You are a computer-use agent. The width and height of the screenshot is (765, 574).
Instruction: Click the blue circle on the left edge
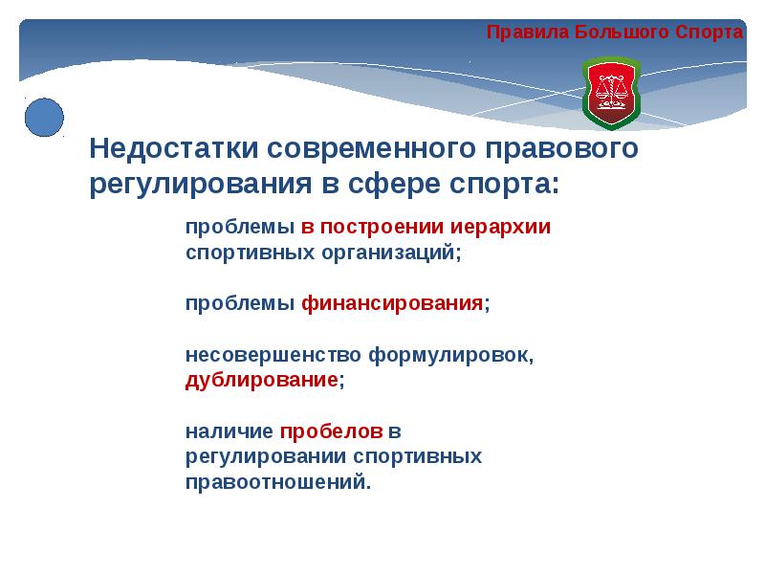[43, 118]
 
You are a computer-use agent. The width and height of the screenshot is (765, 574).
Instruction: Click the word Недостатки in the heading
[174, 149]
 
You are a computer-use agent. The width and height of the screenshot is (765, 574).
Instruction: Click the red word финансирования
[392, 304]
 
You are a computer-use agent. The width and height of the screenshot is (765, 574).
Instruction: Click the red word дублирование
[261, 380]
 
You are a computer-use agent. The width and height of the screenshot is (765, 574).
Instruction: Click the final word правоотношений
[276, 482]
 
